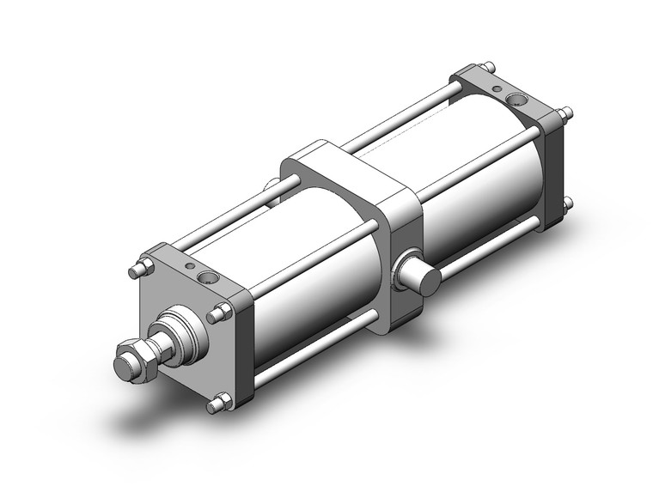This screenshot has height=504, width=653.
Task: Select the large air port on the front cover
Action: pyautogui.click(x=206, y=277)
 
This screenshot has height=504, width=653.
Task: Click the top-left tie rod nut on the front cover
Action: pyautogui.click(x=137, y=271)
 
